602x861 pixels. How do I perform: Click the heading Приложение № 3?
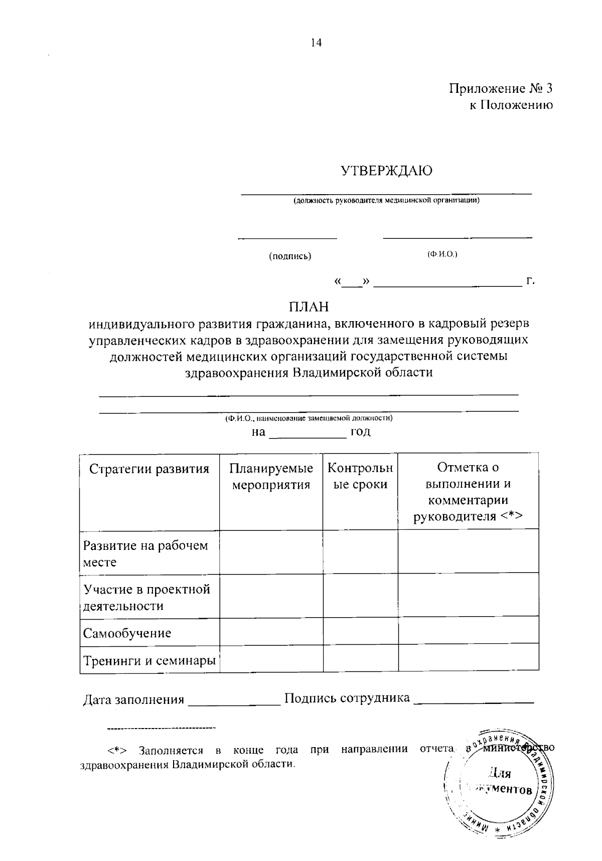point(500,89)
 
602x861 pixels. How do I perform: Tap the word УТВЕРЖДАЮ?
point(386,171)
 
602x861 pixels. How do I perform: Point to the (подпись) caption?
point(290,256)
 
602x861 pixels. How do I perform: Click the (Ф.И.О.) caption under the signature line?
point(442,254)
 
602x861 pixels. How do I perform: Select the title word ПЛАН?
point(308,306)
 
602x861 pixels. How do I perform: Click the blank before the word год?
point(308,433)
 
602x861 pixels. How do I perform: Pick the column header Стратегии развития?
point(149,469)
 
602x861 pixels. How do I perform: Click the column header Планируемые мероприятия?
point(271,477)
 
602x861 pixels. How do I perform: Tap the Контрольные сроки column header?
point(360,477)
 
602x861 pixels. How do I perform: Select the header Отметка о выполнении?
point(468,492)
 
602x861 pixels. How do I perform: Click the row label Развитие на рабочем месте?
point(145,553)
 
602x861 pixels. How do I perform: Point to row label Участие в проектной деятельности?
point(146,597)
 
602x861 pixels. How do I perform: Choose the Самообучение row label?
point(127,633)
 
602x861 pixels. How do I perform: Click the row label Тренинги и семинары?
point(149,660)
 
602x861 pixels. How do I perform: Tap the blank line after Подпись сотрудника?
point(473,699)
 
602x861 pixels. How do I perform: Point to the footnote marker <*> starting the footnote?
point(116,751)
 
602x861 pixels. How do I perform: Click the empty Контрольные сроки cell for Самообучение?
point(360,631)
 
